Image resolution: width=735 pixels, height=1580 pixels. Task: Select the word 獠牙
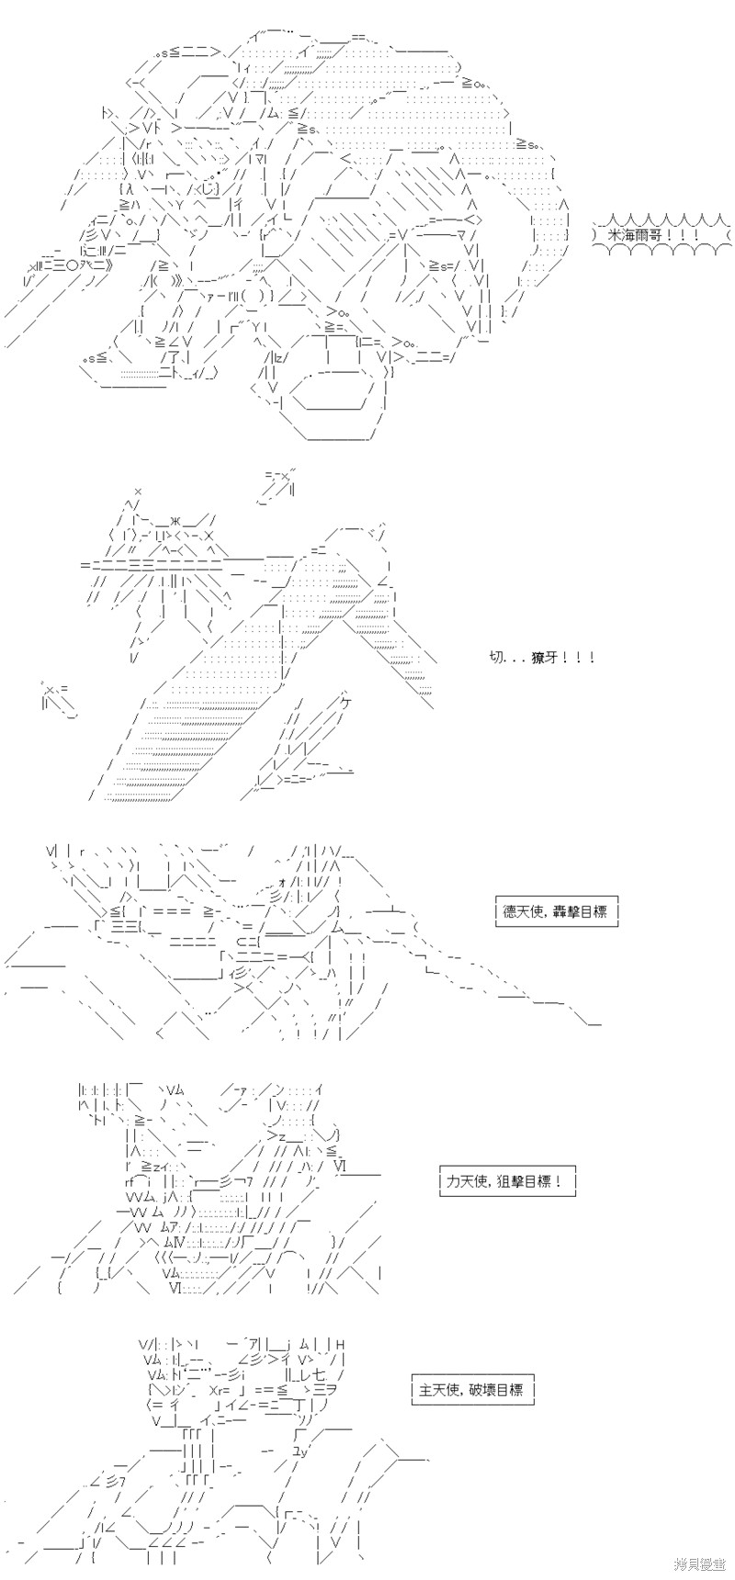point(546,657)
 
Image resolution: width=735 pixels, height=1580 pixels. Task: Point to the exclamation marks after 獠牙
point(581,657)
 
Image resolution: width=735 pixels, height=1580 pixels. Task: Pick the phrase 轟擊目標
point(582,912)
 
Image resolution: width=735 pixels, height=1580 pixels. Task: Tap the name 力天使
point(467,1182)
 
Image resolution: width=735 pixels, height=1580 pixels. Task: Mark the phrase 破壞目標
point(497,1390)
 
